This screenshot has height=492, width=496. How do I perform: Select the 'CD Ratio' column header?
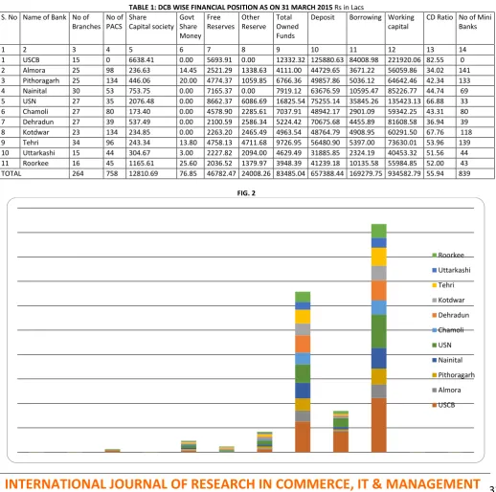[x=440, y=17]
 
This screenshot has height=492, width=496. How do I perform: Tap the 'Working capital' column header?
[x=401, y=22]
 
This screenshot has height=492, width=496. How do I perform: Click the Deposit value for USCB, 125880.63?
[x=327, y=60]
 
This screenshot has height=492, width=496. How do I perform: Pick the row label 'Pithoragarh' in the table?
[x=41, y=80]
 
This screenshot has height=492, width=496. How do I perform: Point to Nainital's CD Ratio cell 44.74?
[x=435, y=91]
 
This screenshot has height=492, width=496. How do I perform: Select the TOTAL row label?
[x=11, y=173]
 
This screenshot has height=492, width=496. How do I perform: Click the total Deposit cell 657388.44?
[x=327, y=173]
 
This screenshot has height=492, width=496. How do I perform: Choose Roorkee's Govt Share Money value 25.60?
[x=189, y=164]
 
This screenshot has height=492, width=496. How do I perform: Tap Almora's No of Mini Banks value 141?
[x=464, y=70]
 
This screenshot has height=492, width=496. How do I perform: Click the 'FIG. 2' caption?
[x=246, y=193]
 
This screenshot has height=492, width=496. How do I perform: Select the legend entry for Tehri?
[x=443, y=285]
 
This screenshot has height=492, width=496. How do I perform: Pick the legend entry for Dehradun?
[x=451, y=315]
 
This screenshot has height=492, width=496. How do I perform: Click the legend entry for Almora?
[x=446, y=390]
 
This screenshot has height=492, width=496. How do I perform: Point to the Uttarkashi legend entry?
[x=451, y=270]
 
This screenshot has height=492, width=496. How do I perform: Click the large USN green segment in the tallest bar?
[x=379, y=331]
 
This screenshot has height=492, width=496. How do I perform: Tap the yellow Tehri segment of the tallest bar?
[x=379, y=257]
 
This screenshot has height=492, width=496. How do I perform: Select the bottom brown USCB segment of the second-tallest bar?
[x=303, y=436]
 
